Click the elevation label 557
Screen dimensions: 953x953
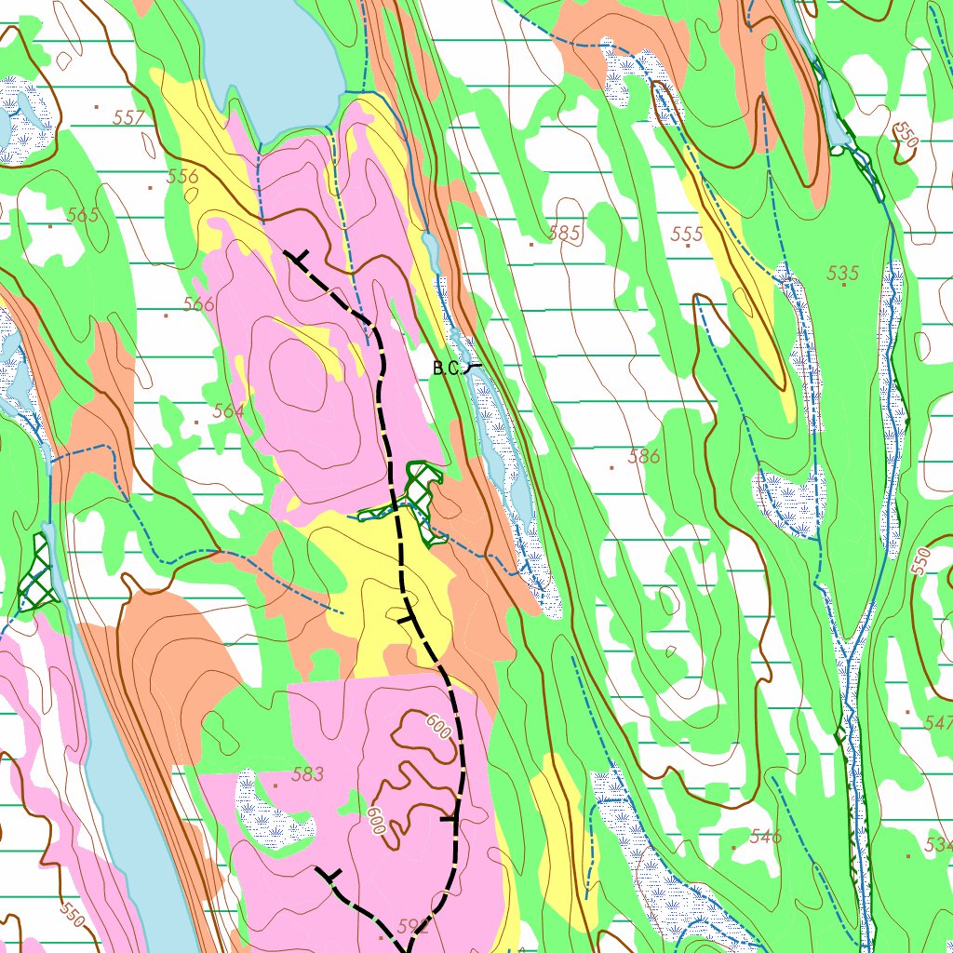(x=129, y=117)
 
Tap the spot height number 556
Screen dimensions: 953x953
(x=182, y=177)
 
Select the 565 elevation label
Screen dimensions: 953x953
(x=82, y=216)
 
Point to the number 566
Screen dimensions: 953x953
(x=198, y=304)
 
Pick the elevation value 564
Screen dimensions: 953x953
(x=228, y=411)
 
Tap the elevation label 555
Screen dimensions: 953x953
(x=687, y=235)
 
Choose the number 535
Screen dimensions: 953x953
(x=842, y=274)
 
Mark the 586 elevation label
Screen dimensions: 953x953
(x=644, y=457)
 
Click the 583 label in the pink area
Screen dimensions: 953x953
(x=307, y=774)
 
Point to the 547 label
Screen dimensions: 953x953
(x=939, y=723)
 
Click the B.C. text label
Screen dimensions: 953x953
(x=446, y=369)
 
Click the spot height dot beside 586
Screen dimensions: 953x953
(x=611, y=467)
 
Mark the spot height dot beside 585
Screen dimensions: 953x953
(x=531, y=245)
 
